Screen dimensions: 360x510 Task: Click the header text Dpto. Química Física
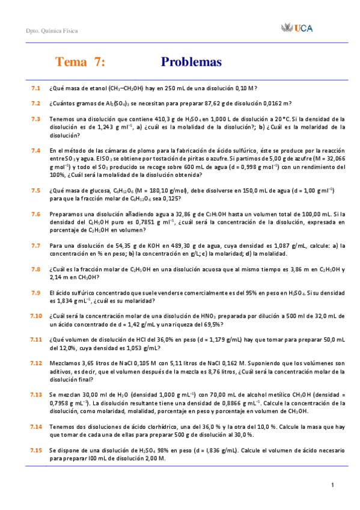52,31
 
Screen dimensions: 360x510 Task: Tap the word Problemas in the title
191,62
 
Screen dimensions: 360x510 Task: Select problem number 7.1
35,88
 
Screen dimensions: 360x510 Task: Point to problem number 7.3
35,118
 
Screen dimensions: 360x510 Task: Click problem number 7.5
35,190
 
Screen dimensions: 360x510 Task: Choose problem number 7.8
35,269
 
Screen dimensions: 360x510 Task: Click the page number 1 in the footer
332,485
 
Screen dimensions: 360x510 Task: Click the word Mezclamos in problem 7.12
64,363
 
